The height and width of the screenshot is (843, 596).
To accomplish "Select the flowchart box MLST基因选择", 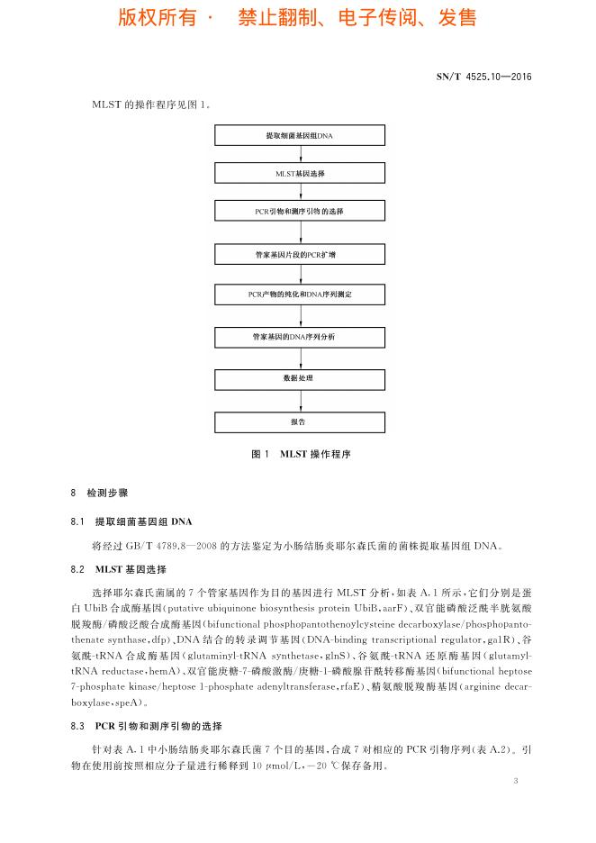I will pos(298,172).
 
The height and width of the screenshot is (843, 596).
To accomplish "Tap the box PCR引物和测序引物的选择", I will pos(298,211).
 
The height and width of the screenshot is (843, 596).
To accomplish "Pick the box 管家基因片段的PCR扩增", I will pos(298,255).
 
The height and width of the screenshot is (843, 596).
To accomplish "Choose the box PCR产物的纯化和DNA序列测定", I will pos(298,294).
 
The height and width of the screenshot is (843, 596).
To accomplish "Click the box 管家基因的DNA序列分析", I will pos(298,336).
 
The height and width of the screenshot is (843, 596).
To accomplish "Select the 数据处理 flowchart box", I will pos(298,379).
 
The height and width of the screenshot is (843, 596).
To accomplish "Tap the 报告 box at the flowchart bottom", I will pos(298,421).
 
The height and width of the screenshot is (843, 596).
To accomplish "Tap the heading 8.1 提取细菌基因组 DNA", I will pos(131,522).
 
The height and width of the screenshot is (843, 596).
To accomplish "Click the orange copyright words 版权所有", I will pos(157,18).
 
